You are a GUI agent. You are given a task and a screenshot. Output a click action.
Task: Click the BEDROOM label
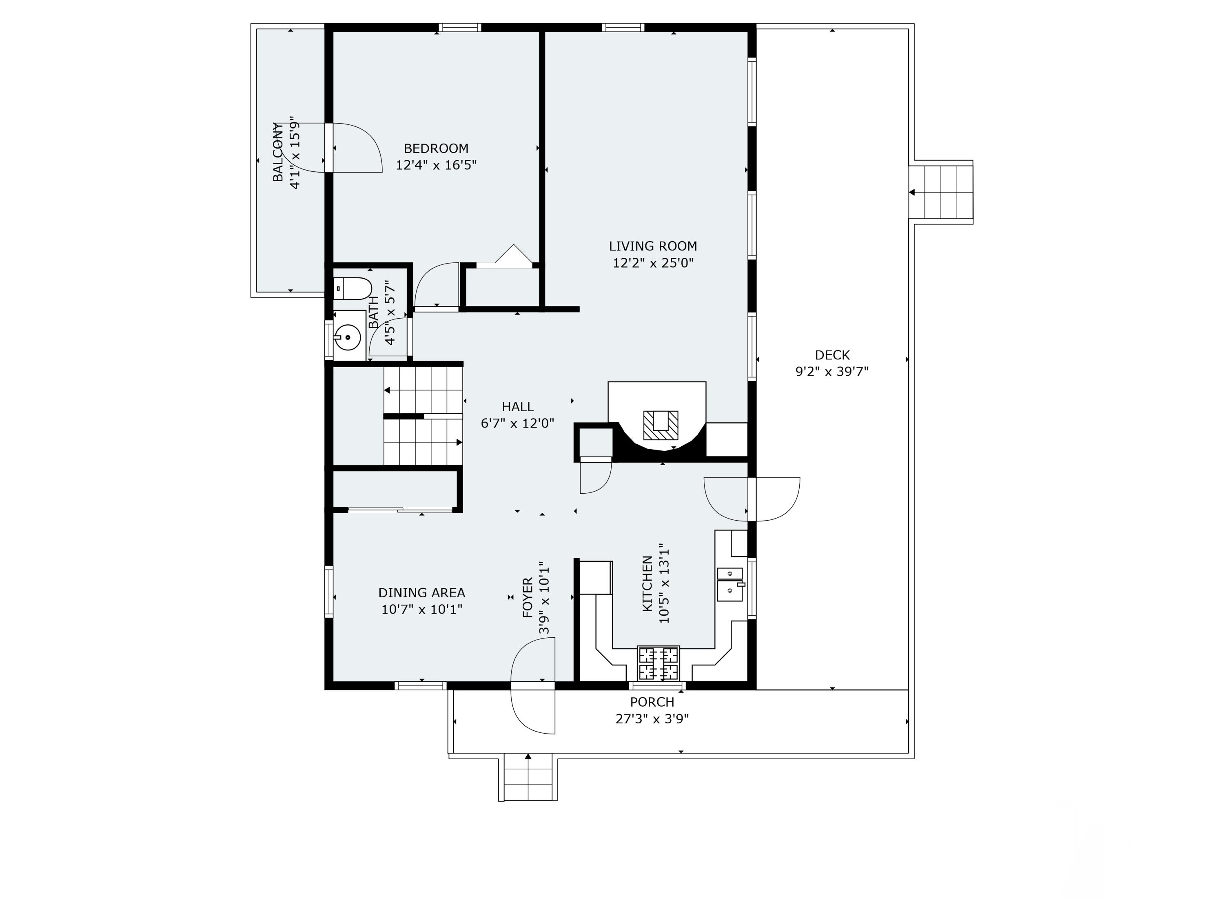click(x=436, y=148)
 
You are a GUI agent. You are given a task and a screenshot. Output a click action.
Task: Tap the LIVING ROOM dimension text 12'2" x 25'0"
click(x=653, y=263)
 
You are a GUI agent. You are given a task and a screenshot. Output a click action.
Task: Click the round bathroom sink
click(x=348, y=337)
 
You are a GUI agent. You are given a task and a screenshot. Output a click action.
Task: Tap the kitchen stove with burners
click(x=659, y=663)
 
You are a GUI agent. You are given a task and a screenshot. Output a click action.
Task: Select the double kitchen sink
click(x=730, y=583)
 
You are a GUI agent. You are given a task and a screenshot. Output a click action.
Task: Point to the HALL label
click(x=518, y=407)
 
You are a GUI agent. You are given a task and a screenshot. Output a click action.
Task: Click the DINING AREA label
click(x=421, y=593)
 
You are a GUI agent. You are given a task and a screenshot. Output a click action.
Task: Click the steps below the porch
click(x=528, y=778)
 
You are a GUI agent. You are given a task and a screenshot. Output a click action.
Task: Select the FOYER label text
click(x=527, y=598)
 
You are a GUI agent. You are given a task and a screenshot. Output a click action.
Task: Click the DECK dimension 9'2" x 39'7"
click(x=832, y=371)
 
